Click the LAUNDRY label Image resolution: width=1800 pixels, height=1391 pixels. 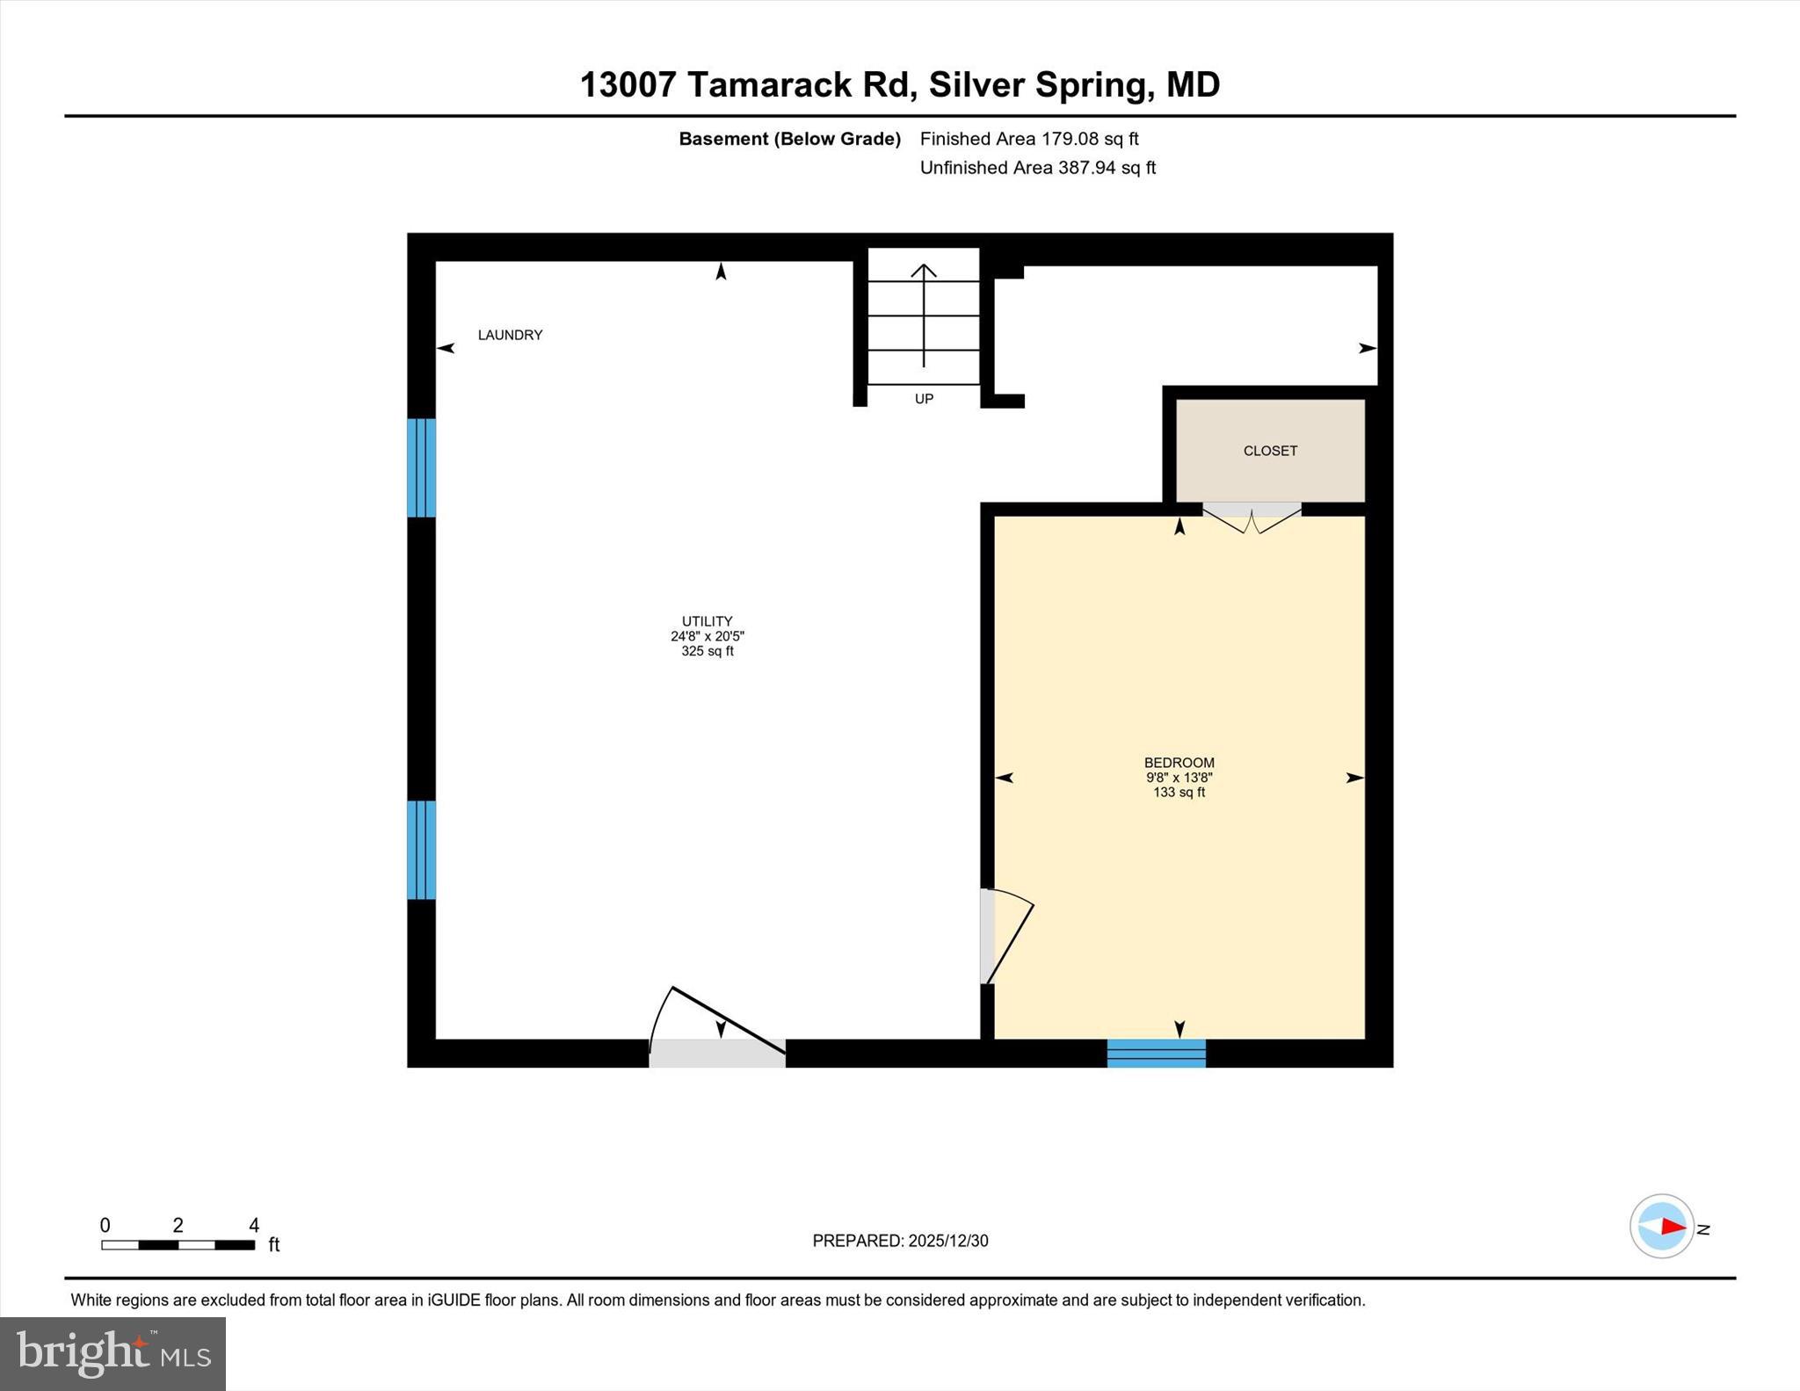[510, 335]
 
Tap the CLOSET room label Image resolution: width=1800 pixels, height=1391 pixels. [1270, 451]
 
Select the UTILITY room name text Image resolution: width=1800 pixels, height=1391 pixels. [707, 621]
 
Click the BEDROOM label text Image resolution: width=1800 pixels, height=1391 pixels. [1179, 763]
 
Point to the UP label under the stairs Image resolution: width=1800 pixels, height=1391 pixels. [924, 399]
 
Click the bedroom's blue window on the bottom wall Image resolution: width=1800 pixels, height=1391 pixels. [1156, 1053]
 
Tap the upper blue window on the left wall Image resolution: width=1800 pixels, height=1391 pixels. [421, 467]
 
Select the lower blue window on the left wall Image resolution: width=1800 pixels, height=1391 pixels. [421, 850]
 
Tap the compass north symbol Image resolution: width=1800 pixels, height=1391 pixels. [1662, 1226]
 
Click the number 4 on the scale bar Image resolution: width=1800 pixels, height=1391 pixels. [254, 1225]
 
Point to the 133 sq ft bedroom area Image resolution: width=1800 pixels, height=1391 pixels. [1179, 793]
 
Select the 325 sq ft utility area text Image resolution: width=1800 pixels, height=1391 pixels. [707, 651]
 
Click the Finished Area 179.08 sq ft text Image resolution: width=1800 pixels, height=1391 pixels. [1028, 139]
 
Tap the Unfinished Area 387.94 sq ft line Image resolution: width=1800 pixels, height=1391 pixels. [1037, 168]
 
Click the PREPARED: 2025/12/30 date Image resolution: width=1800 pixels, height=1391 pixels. [900, 1241]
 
